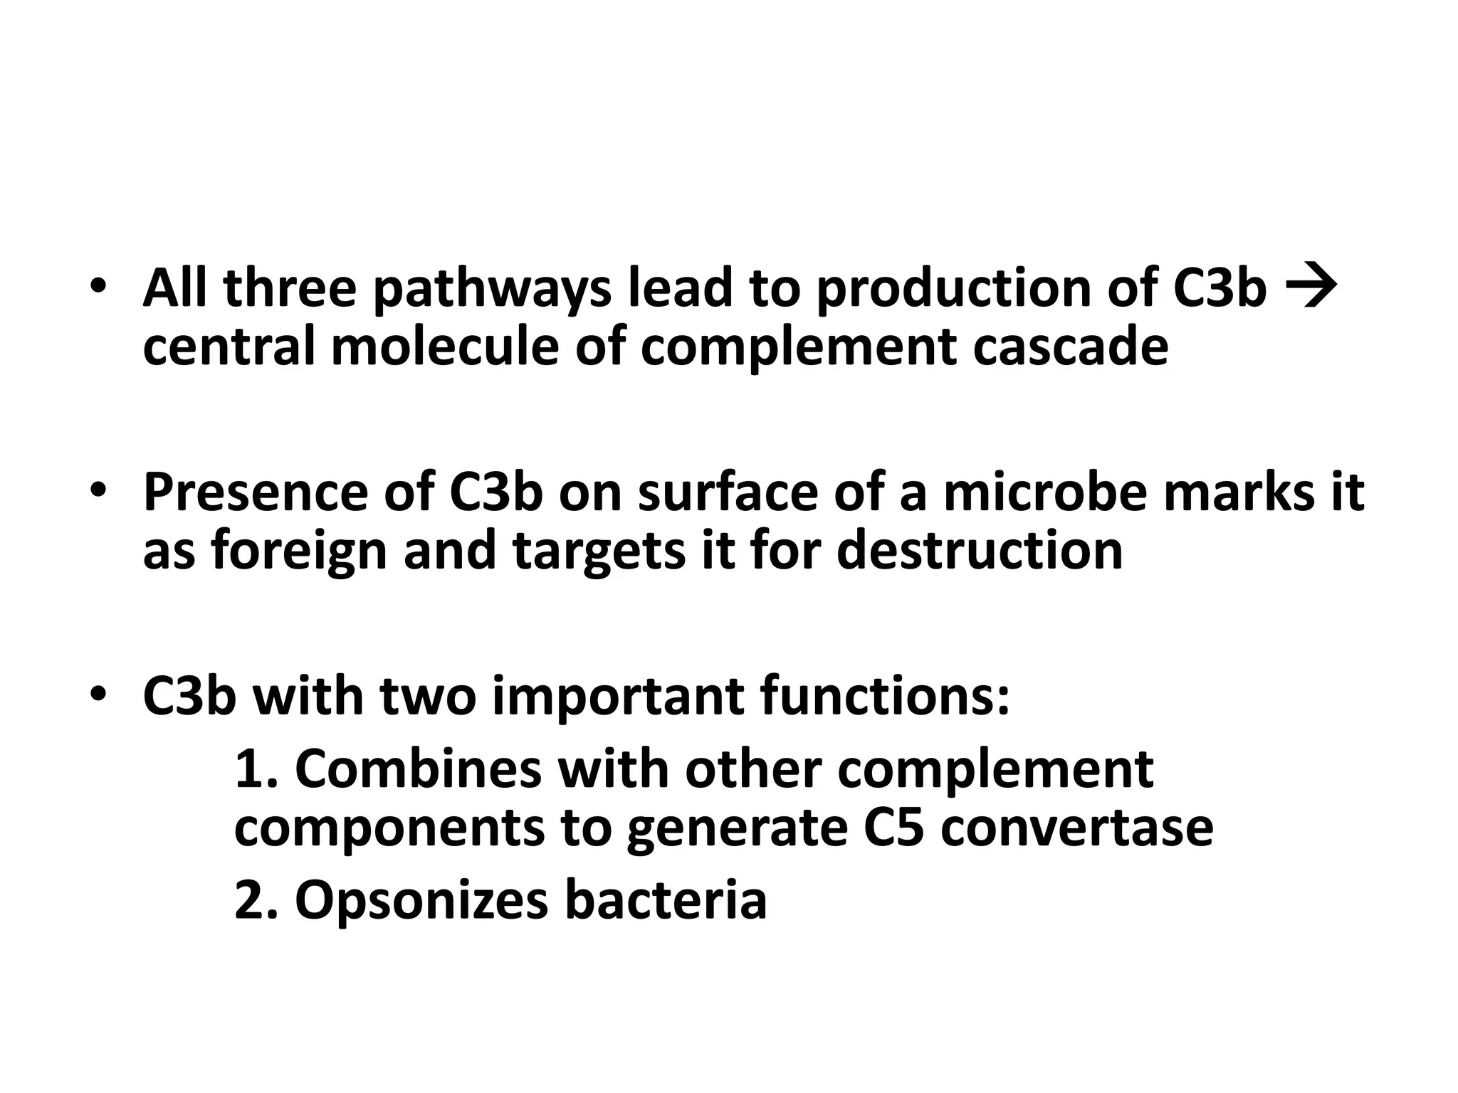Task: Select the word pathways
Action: [x=492, y=290]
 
